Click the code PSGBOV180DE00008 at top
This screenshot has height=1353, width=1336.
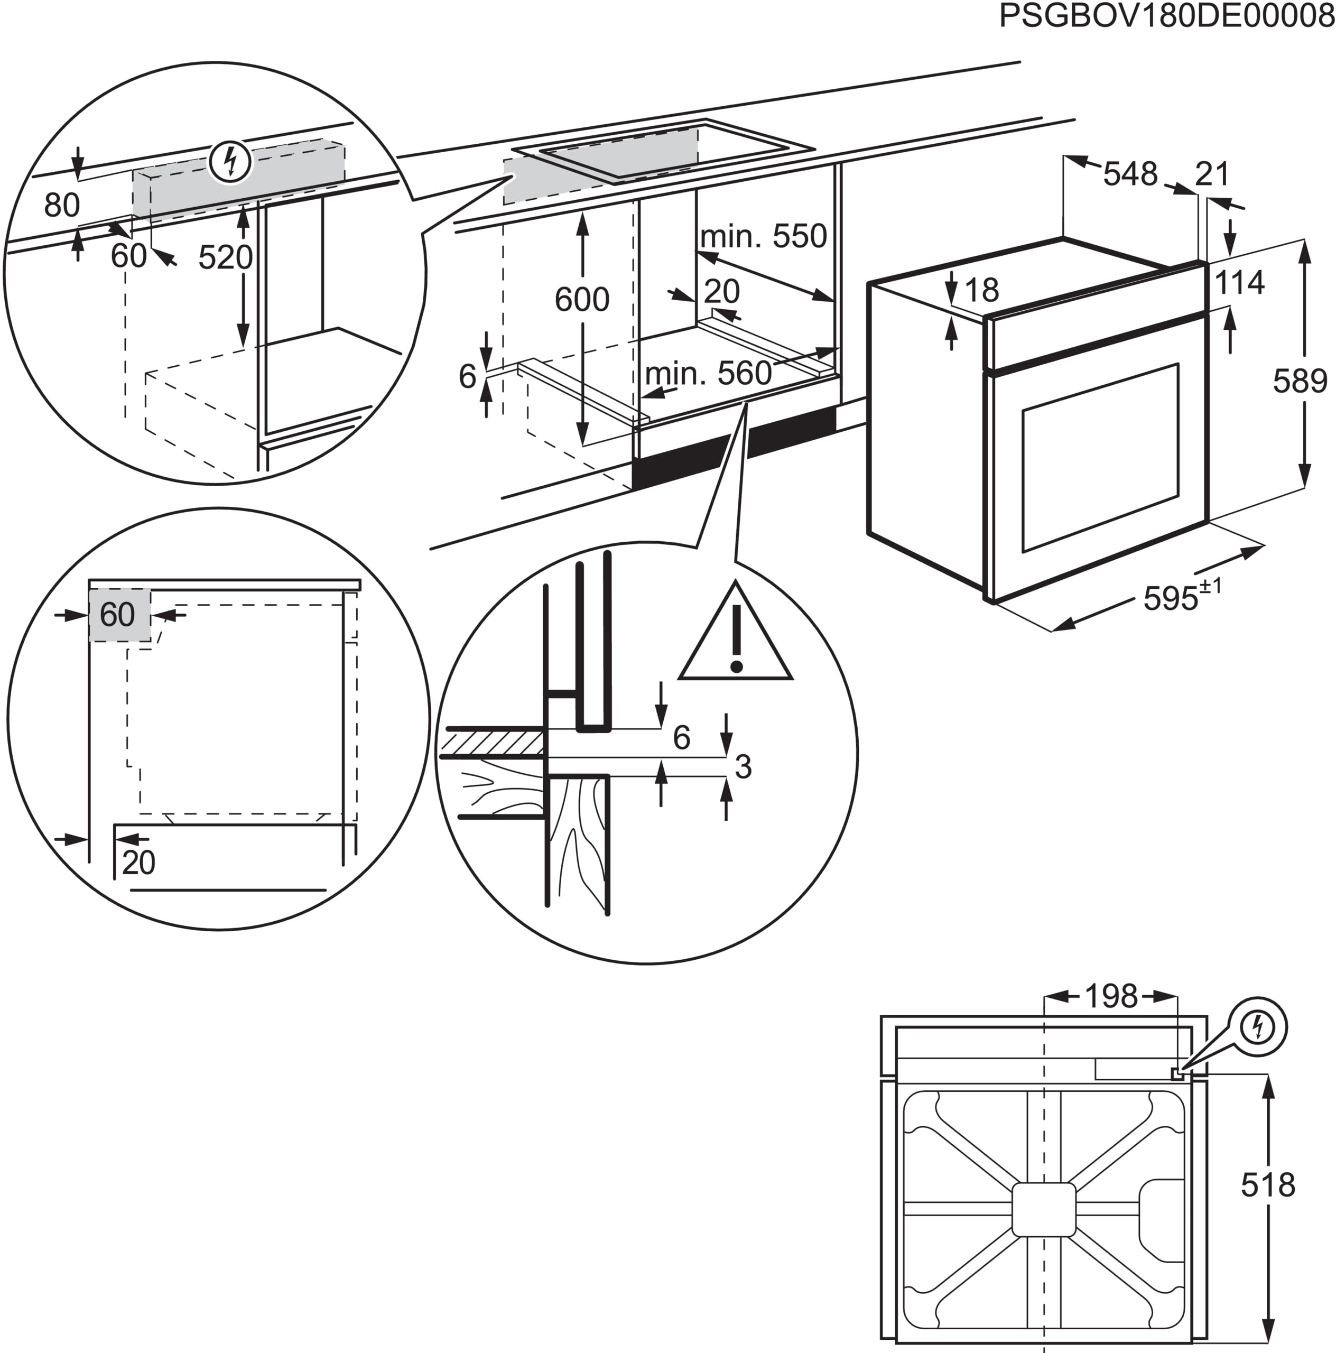1166,16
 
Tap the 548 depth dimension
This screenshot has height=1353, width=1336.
1130,174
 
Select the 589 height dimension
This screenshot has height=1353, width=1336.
1300,381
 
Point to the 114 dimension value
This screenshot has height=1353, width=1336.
1239,283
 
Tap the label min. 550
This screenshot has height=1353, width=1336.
763,237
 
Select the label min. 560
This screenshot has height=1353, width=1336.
708,374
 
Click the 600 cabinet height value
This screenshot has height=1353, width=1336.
581,300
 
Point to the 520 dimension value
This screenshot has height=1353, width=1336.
225,258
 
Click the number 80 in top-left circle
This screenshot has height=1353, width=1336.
62,205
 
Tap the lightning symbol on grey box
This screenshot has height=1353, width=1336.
230,162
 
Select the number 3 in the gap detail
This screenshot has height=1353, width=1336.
743,767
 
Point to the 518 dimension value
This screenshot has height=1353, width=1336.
1267,1185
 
